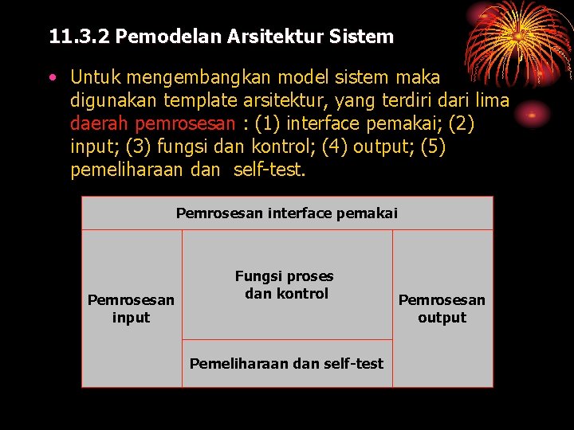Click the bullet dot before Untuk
click(x=52, y=78)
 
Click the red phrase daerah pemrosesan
click(x=153, y=124)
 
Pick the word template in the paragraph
click(x=199, y=101)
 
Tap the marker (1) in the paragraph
click(x=267, y=124)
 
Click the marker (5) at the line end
click(x=431, y=147)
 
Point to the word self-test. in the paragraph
click(x=269, y=170)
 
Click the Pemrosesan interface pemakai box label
click(x=287, y=213)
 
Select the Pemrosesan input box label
click(x=131, y=309)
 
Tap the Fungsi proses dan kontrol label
click(x=285, y=285)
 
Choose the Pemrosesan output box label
click(x=442, y=309)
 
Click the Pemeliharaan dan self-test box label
click(x=286, y=364)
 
